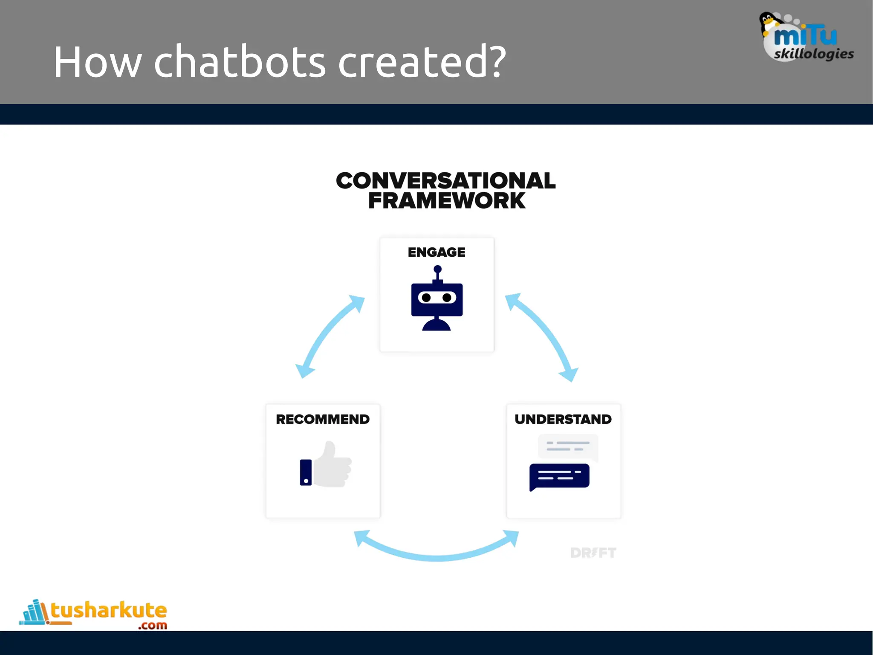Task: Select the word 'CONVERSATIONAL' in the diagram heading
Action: [x=445, y=180]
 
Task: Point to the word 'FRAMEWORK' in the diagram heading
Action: [x=446, y=201]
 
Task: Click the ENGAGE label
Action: [x=436, y=252]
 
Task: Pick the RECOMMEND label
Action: [x=323, y=419]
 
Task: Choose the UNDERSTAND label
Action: [x=563, y=419]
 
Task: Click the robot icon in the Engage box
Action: [x=436, y=301]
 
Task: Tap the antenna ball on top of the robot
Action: [x=437, y=269]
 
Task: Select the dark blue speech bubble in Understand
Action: [x=559, y=476]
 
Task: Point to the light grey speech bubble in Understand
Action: [x=568, y=446]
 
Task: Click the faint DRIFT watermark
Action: [x=593, y=553]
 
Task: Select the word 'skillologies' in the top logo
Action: [x=813, y=54]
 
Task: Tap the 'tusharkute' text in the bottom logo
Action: [x=109, y=611]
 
